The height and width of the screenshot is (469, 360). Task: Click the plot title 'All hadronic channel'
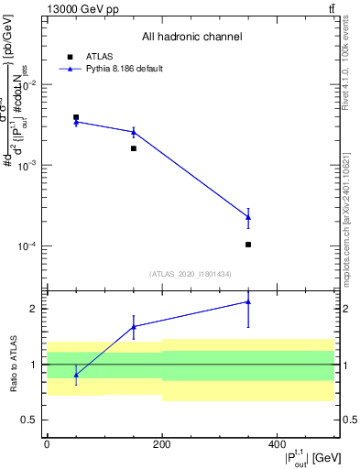point(191,38)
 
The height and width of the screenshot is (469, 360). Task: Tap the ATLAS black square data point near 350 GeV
point(248,245)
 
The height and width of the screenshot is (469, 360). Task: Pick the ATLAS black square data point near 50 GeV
point(76,117)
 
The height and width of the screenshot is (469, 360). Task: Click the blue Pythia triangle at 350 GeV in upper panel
point(248,217)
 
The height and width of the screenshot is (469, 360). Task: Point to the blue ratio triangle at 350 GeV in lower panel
point(248,301)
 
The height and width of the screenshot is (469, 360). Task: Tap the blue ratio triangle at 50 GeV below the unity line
point(76,375)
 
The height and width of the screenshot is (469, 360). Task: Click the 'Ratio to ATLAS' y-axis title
point(12,364)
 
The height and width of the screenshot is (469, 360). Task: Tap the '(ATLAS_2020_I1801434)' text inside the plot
point(191,274)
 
